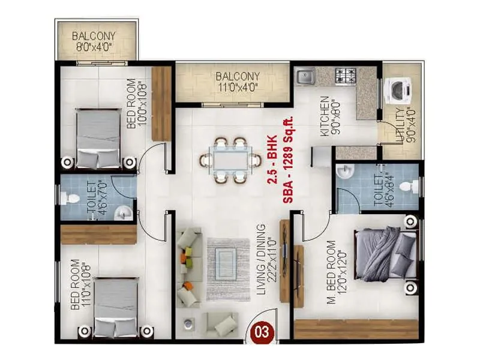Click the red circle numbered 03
pyautogui.click(x=259, y=330)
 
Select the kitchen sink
pyautogui.click(x=305, y=76)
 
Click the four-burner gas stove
pyautogui.click(x=346, y=76)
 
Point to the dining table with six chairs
pyautogui.click(x=231, y=160)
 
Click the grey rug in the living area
pyautogui.click(x=229, y=269)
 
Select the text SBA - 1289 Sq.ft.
pyautogui.click(x=287, y=158)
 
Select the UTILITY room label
pyautogui.click(x=400, y=130)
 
